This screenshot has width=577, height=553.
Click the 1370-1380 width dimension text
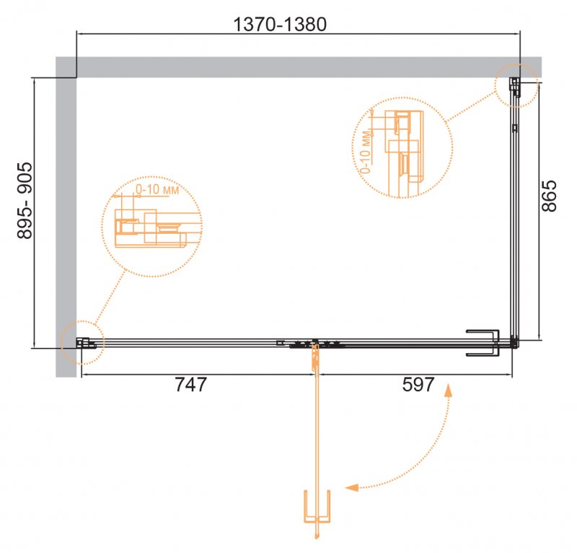(x=280, y=25)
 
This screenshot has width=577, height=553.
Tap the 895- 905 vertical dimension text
(x=25, y=201)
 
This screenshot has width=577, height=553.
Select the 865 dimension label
(x=549, y=196)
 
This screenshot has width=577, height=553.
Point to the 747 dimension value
(x=190, y=384)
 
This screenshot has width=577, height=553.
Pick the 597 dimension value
(x=418, y=384)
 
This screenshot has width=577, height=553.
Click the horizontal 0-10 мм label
(x=157, y=189)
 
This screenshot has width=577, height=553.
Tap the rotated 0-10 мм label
(x=366, y=152)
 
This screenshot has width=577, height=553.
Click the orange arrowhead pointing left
(x=351, y=487)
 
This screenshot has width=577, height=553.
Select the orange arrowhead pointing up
(x=448, y=390)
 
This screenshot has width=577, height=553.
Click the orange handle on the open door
(x=317, y=507)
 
